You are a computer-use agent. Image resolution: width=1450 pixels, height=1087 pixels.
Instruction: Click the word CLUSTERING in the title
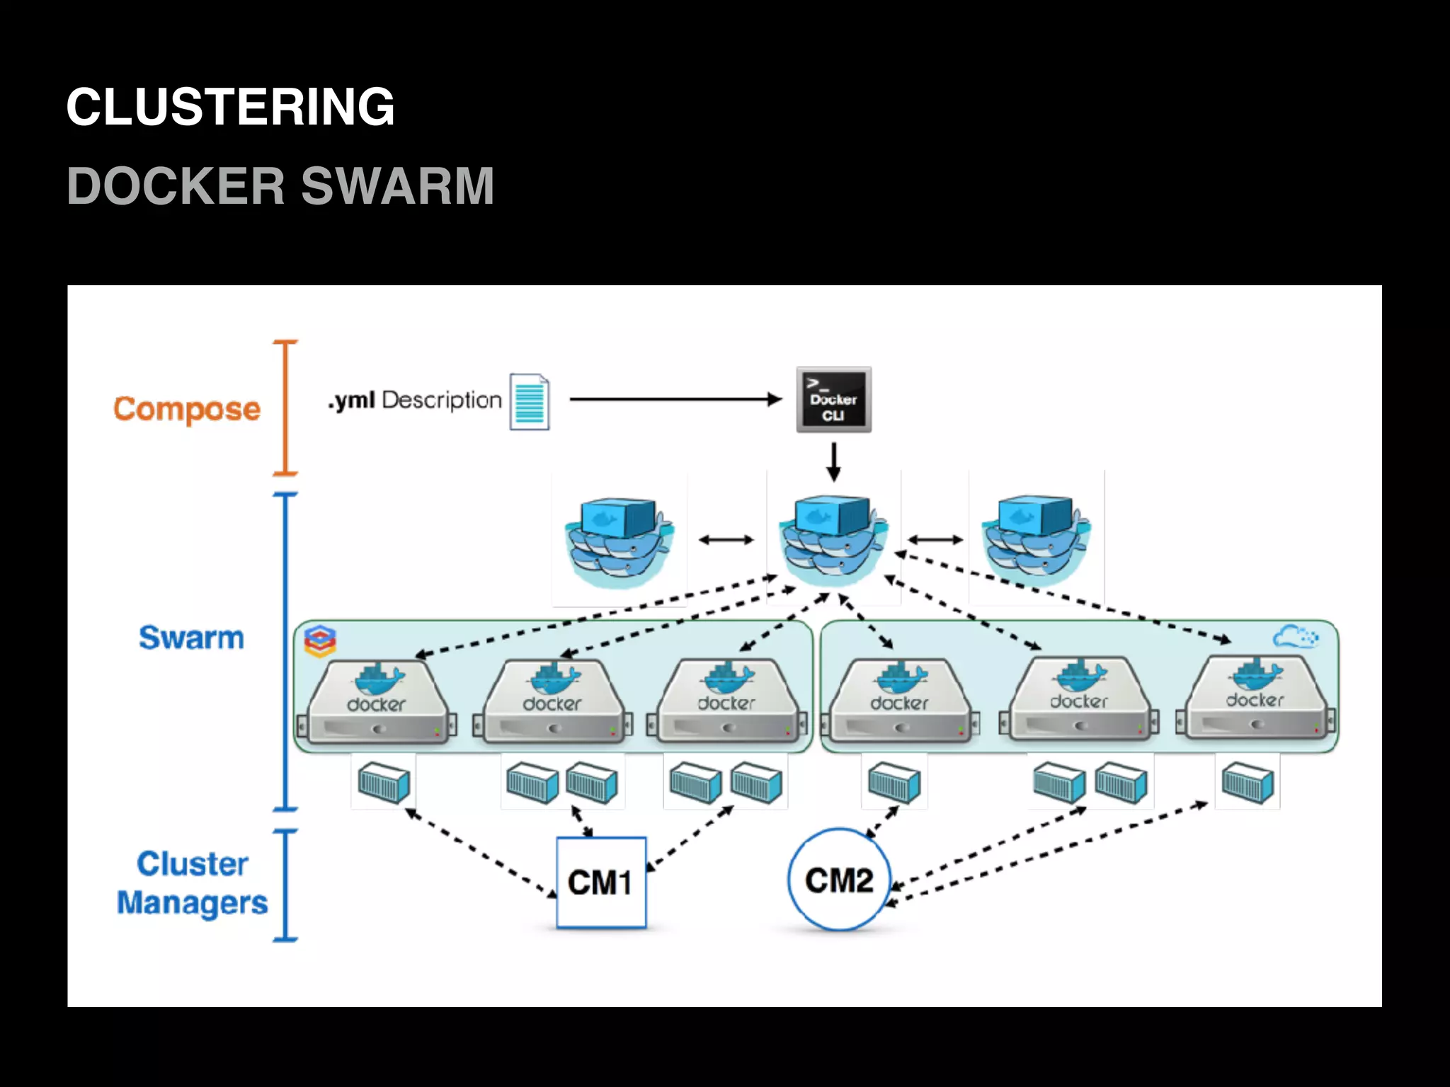(x=230, y=107)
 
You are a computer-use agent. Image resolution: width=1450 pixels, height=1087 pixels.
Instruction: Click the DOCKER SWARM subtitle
(x=280, y=186)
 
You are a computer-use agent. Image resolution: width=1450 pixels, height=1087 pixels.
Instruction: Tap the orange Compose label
(x=187, y=409)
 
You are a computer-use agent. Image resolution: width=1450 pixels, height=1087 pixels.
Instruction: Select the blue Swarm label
(x=191, y=638)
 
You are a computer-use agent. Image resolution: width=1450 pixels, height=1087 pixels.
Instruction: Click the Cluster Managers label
(x=192, y=883)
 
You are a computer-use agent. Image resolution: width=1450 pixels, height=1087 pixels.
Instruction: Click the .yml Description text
(x=415, y=400)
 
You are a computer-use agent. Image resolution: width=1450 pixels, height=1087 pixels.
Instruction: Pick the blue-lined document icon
(x=530, y=402)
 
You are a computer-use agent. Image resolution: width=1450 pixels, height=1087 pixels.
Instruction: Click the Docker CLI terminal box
(x=833, y=400)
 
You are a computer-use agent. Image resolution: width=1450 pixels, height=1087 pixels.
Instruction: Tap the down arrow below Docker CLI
(x=833, y=461)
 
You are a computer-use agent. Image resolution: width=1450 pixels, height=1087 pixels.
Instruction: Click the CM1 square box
(x=601, y=882)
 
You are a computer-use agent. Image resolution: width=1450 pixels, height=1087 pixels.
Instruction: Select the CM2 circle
(x=839, y=880)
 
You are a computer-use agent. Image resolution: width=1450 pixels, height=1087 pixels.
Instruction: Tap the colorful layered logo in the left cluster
(x=320, y=640)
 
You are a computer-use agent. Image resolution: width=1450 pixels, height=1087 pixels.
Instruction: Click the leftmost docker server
(x=377, y=702)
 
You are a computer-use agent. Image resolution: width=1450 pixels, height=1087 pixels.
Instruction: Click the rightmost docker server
(x=1255, y=699)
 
